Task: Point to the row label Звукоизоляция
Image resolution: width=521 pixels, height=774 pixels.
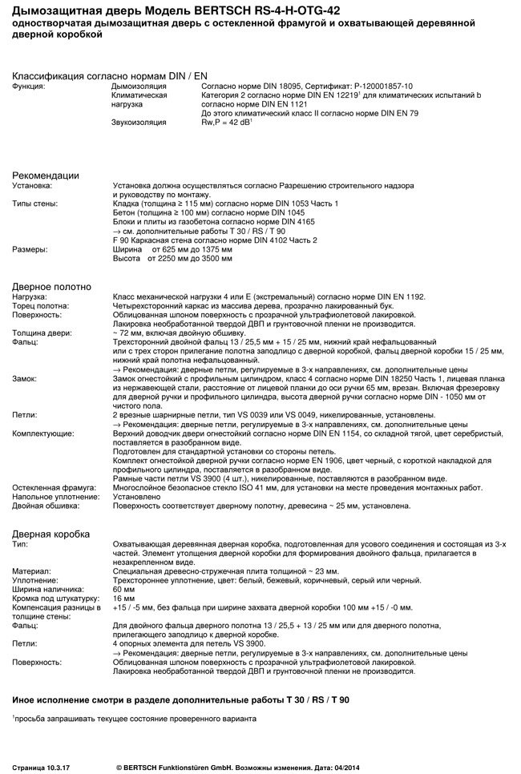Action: pos(139,123)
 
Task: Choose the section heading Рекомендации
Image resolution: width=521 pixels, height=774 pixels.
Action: pos(45,175)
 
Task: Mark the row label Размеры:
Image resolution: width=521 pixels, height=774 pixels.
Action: pos(30,249)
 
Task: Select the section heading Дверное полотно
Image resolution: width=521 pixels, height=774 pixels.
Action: pos(51,287)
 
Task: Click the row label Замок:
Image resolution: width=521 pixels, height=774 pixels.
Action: pos(26,377)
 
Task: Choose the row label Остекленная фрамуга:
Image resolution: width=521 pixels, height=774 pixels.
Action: pos(54,487)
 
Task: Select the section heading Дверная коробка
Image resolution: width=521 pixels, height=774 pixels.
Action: pos(50,534)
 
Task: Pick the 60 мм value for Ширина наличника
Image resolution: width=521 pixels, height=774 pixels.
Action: pos(124,589)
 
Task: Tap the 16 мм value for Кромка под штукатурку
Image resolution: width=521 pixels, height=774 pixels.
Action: pos(124,599)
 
